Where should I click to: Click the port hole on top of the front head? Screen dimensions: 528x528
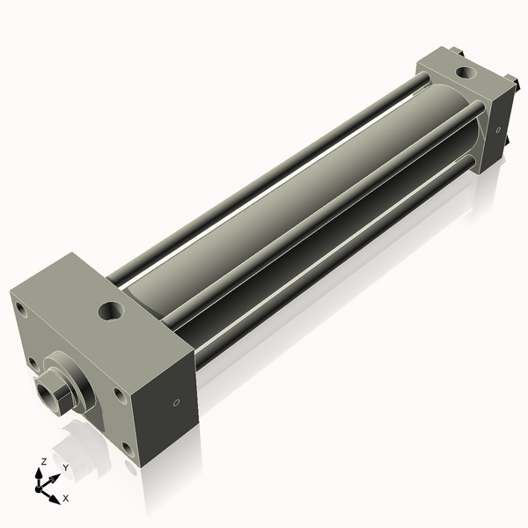coord(111,311)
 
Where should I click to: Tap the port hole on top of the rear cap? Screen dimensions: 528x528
coord(466,71)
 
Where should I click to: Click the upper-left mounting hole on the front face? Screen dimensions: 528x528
coord(21,310)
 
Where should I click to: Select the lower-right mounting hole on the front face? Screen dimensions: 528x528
coord(128,450)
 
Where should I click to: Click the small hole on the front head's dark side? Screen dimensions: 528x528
coord(176,403)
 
